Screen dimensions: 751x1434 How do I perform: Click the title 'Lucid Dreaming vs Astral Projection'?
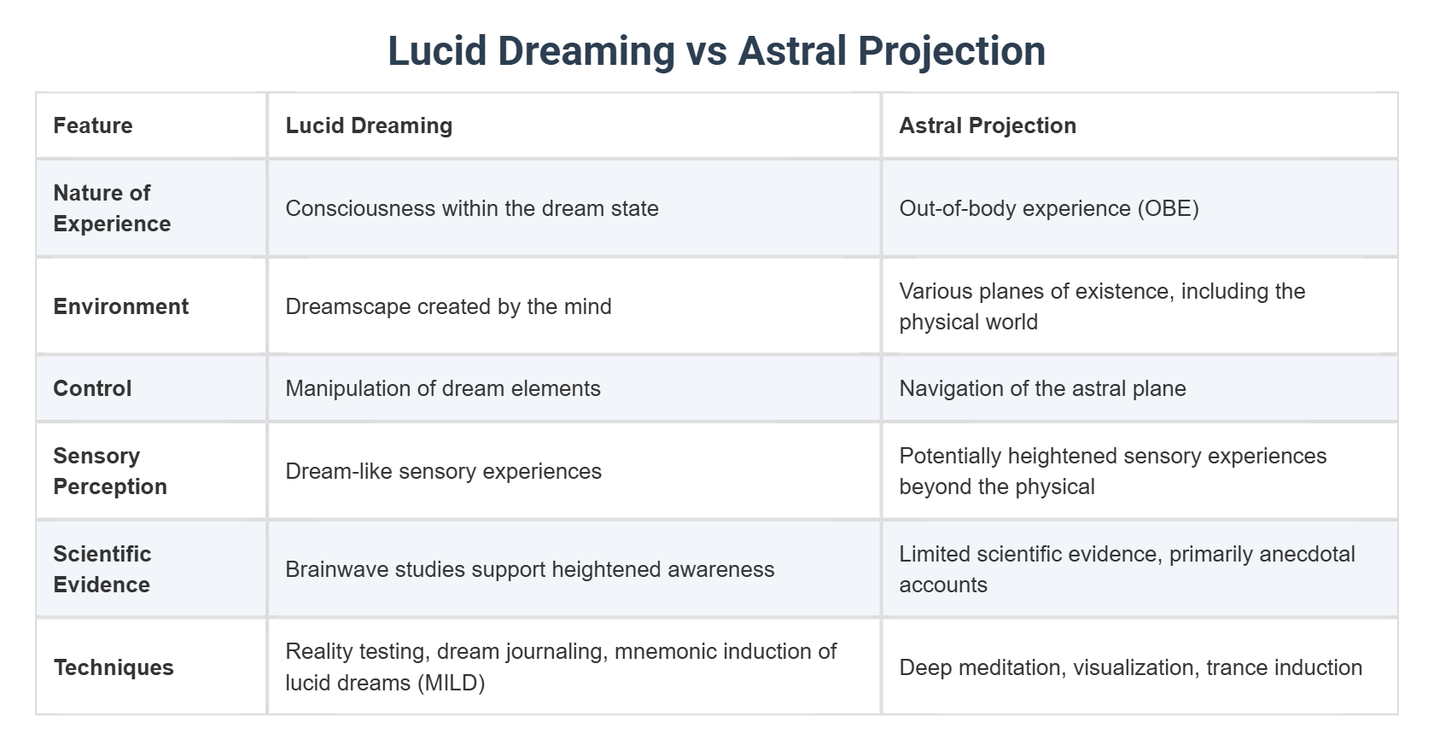716,50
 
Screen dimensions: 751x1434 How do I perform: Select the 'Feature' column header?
93,125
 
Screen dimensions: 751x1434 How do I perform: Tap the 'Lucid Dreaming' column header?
369,125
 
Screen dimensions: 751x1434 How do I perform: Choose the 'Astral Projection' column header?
988,125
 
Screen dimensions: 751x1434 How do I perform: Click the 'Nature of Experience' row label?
112,208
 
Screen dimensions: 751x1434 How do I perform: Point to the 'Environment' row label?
121,306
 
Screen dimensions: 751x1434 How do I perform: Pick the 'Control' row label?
92,388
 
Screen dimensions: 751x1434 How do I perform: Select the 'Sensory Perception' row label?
110,471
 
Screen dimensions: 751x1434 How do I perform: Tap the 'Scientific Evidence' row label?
102,569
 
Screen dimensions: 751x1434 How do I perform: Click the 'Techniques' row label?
114,667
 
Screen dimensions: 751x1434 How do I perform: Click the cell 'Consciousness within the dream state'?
472,208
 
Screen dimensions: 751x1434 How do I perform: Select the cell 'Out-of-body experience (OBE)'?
1049,208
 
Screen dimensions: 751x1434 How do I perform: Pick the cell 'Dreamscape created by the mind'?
448,306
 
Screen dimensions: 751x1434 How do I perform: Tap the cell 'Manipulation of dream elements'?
443,388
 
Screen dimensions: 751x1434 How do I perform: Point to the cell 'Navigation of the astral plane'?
1042,388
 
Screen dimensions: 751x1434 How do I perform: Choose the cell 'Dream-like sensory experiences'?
443,471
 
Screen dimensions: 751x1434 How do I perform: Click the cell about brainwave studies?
530,569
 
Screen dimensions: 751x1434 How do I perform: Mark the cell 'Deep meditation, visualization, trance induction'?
1130,667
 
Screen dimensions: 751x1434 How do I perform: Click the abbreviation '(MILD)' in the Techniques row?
451,684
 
